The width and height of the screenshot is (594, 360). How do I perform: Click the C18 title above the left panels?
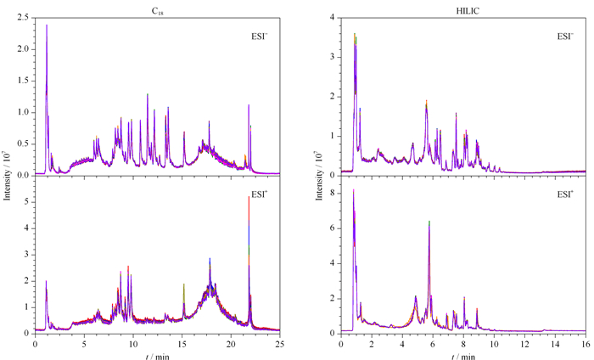[157, 11]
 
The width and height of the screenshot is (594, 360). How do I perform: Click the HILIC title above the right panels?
[468, 11]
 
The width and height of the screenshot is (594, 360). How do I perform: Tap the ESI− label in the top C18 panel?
[260, 37]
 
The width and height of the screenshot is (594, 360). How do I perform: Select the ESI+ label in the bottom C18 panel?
[260, 194]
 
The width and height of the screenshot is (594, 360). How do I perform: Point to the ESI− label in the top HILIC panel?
[565, 37]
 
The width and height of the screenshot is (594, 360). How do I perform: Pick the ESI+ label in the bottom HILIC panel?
[565, 194]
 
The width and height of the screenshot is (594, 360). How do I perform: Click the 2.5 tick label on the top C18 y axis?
[23, 18]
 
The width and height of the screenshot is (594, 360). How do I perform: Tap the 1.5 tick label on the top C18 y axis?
[23, 81]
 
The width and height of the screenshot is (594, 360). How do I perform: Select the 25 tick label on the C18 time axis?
[279, 344]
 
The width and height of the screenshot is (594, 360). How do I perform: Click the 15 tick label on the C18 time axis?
[182, 344]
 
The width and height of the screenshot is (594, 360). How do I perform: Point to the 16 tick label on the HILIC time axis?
[586, 344]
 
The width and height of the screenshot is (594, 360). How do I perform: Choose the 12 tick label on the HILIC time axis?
[524, 344]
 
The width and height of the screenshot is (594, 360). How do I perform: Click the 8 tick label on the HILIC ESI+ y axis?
[333, 194]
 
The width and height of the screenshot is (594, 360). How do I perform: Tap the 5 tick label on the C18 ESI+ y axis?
[26, 201]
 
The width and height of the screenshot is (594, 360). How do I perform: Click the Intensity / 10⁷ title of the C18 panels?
[7, 174]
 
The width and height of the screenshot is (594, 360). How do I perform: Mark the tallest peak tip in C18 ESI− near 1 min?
[47, 25]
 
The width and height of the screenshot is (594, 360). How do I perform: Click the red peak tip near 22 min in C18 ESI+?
[249, 197]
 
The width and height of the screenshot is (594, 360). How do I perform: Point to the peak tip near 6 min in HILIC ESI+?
[429, 222]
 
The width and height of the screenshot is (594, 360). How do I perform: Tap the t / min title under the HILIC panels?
[463, 357]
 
